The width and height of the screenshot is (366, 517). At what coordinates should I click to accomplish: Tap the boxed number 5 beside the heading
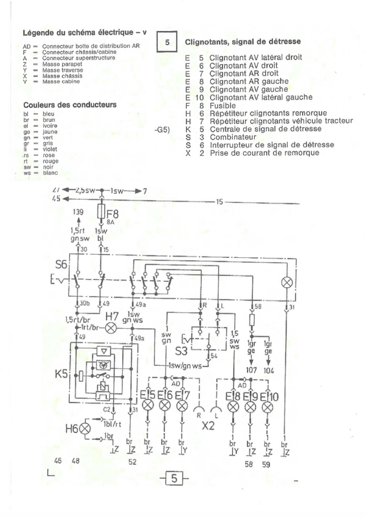166,43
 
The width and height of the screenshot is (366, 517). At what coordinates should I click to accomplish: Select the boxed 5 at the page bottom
175,479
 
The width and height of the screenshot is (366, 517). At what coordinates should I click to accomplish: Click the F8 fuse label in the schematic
113,213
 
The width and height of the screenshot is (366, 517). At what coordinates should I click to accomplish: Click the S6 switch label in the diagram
61,264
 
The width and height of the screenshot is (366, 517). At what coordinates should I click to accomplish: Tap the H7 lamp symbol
111,328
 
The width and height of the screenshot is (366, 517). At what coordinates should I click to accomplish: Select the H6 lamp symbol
83,428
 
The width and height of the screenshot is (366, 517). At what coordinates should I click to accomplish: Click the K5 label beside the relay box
62,374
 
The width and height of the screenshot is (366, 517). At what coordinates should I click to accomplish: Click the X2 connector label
208,425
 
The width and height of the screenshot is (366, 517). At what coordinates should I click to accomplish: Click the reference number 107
252,371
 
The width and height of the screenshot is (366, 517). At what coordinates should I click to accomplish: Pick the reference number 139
79,212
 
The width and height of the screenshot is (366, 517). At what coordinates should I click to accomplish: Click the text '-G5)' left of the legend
162,130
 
